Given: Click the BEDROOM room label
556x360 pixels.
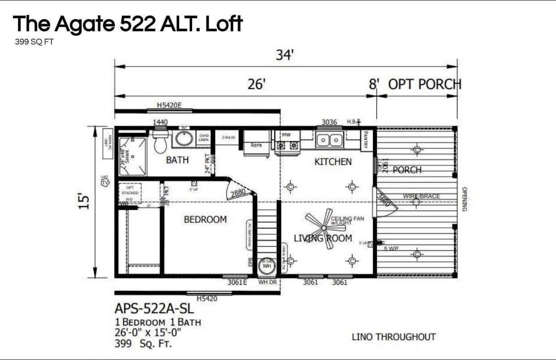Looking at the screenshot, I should point(205,219).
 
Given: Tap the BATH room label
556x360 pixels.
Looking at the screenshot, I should point(177,160).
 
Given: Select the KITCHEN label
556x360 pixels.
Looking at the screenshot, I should point(333,162).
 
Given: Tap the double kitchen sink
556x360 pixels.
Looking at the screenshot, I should point(329,141).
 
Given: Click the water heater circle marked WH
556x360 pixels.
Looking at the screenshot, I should point(267,266).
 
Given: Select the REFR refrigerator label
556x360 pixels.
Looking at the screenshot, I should point(256,145).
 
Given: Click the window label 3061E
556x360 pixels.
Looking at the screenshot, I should point(237,282).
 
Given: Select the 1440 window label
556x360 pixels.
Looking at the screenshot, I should point(160,122).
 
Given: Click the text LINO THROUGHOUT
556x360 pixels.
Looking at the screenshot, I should point(393,337).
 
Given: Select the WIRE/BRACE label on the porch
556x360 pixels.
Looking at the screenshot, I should point(421,196).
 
